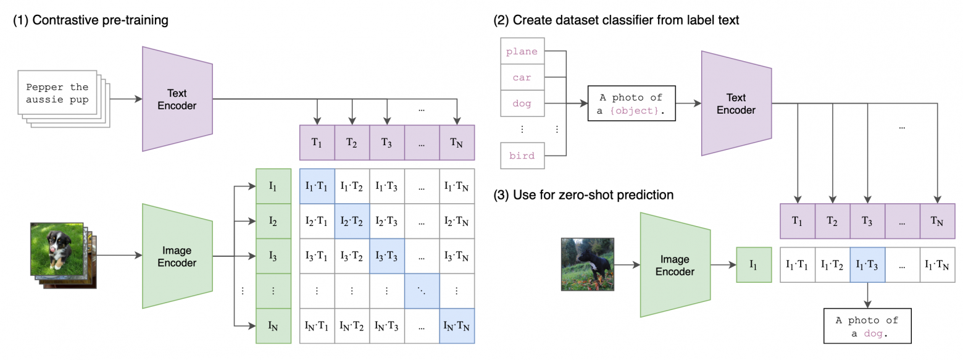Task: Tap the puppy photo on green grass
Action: click(57, 248)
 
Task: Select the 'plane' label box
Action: click(522, 51)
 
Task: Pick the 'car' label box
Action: click(522, 78)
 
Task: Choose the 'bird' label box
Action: click(522, 156)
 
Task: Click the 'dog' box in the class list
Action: click(522, 104)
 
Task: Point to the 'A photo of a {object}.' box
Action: click(632, 103)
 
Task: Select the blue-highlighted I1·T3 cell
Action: click(867, 265)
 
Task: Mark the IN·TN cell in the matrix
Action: click(456, 325)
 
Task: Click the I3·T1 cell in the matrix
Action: click(317, 254)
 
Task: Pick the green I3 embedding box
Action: click(273, 254)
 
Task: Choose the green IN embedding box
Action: click(273, 325)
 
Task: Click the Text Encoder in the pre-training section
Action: click(177, 99)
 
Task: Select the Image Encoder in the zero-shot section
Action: click(675, 266)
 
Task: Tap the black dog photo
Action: click(587, 264)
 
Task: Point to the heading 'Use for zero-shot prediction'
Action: click(583, 195)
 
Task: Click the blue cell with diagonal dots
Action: click(422, 290)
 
